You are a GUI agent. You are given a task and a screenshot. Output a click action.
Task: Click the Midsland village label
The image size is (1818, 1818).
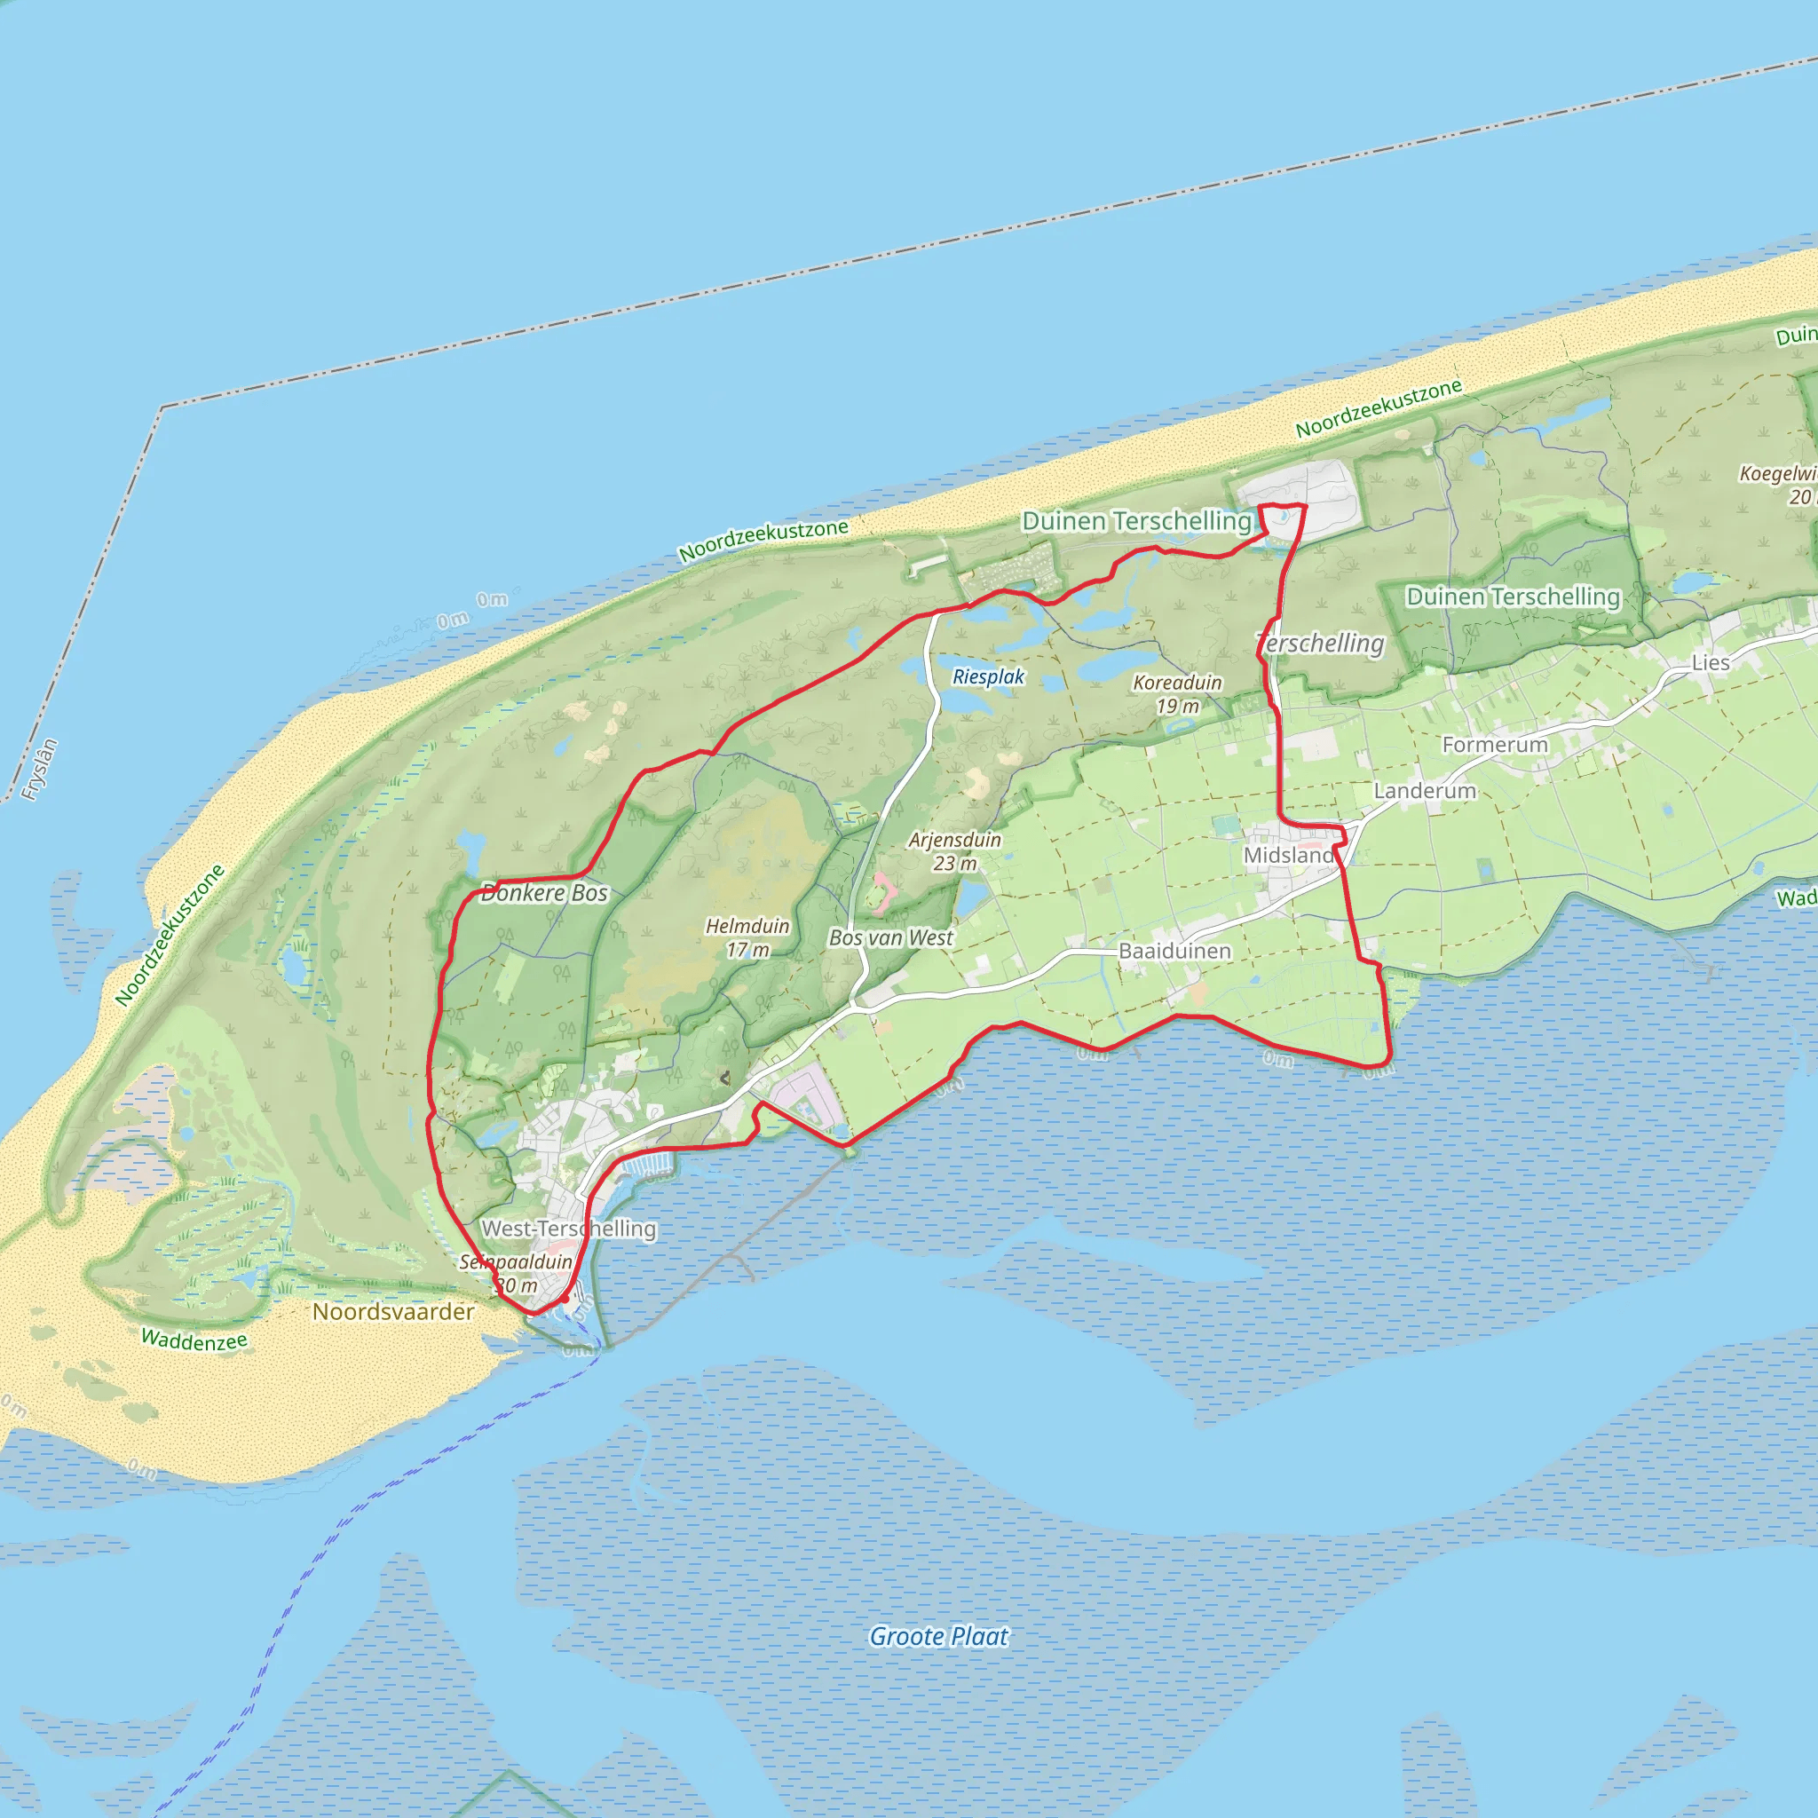point(1288,856)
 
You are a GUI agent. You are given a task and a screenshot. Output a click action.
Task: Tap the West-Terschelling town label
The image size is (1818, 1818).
point(568,1228)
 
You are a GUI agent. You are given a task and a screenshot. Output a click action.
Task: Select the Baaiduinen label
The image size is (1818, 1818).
point(1174,951)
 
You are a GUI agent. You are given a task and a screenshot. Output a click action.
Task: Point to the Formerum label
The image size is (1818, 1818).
point(1494,744)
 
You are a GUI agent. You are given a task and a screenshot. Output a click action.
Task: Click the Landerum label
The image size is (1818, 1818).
point(1425,790)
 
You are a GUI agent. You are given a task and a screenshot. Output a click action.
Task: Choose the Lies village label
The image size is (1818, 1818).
point(1710,662)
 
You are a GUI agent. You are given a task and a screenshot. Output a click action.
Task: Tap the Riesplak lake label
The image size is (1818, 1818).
point(988,676)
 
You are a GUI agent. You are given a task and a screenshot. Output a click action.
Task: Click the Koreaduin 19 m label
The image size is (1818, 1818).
point(1177,694)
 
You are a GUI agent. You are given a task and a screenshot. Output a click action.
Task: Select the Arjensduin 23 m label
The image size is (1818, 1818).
point(954,851)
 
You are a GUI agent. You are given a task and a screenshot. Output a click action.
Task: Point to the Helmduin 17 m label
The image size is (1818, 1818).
point(748,938)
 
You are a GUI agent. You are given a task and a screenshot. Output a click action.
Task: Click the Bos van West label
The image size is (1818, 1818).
point(891,937)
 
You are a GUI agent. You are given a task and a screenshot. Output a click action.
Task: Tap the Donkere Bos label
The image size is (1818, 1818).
point(544,893)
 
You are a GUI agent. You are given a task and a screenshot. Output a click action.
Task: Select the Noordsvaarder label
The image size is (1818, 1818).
point(393,1311)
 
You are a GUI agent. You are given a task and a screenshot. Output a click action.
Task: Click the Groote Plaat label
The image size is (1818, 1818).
point(938,1635)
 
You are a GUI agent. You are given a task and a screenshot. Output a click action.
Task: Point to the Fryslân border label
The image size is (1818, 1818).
point(41,769)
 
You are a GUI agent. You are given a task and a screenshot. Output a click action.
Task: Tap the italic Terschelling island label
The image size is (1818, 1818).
point(1321,644)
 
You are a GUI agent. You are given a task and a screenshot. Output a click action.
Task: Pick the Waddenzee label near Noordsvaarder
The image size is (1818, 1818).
point(194,1340)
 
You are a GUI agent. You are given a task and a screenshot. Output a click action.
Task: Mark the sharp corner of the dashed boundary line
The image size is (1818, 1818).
point(162,407)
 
